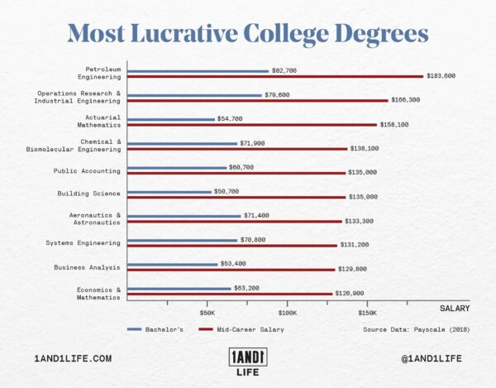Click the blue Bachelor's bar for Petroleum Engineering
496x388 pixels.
198,71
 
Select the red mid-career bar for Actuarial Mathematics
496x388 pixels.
252,124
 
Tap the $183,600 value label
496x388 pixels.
441,76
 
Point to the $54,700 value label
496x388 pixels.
229,119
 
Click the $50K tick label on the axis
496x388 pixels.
207,314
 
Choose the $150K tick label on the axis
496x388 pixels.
367,314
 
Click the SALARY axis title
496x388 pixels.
454,308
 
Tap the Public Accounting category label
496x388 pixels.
88,170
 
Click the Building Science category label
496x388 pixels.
89,194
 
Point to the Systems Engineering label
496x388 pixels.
87,242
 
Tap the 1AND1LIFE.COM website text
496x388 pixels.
73,358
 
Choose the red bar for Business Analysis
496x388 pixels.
231,269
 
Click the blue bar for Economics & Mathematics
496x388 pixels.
179,289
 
